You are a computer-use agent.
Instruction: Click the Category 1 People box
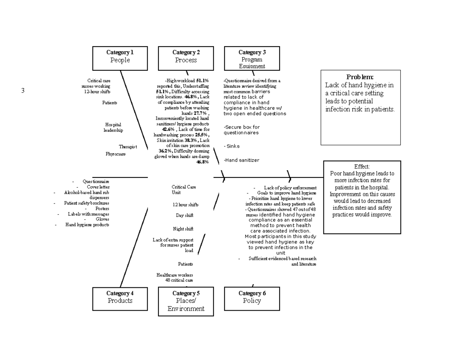pos(120,58)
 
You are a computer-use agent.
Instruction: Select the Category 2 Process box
pos(186,58)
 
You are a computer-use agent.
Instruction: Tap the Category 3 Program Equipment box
pos(252,58)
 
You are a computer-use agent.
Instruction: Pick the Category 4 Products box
pos(120,299)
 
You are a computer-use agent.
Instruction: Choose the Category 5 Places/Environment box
pos(186,301)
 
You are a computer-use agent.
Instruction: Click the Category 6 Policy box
pos(252,299)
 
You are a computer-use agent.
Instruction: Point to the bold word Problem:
pos(360,77)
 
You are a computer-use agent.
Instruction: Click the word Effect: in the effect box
pos(362,166)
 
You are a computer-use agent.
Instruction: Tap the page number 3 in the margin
pos(23,91)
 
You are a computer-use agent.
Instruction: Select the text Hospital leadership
pos(113,127)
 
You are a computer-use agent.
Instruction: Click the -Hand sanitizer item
pos(241,160)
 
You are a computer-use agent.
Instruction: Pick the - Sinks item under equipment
pos(232,146)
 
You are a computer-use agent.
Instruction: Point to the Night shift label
pos(183,229)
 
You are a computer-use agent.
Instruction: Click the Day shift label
pos(184,215)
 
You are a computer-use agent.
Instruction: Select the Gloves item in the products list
pos(103,219)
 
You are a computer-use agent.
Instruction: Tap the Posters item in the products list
pos(102,209)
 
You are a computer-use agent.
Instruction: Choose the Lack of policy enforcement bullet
pos(290,188)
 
